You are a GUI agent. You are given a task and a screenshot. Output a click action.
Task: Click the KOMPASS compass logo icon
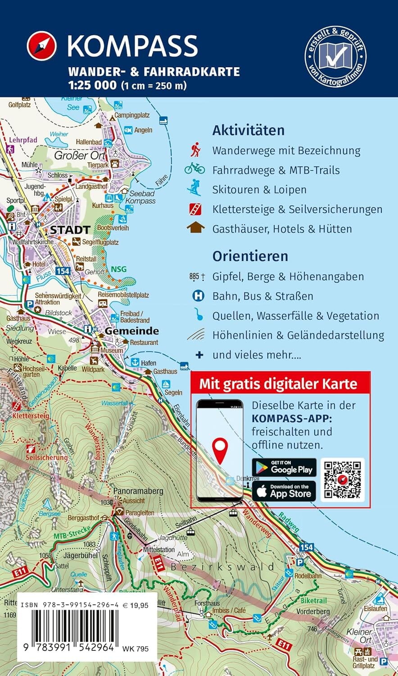coord(42,46)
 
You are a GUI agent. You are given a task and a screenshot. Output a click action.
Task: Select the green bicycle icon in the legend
coord(194,169)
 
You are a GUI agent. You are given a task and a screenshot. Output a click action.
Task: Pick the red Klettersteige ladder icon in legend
coord(195,209)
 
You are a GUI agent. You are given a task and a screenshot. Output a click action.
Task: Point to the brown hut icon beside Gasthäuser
coord(195,228)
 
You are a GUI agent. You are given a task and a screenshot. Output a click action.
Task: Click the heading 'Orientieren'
coord(250,256)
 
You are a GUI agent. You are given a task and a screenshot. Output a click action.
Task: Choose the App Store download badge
coord(284,491)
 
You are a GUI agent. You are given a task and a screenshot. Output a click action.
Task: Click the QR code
coord(343,480)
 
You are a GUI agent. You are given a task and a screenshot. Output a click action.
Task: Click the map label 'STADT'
coord(70,230)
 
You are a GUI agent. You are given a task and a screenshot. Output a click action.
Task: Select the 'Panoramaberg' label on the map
coord(138,491)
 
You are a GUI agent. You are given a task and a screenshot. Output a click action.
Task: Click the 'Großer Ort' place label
coord(79,155)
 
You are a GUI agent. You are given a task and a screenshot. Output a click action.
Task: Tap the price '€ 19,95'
coord(135,606)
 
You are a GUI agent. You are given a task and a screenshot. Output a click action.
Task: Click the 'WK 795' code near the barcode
coord(135,649)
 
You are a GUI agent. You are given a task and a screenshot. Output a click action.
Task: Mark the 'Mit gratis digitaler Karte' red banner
coord(278,384)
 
